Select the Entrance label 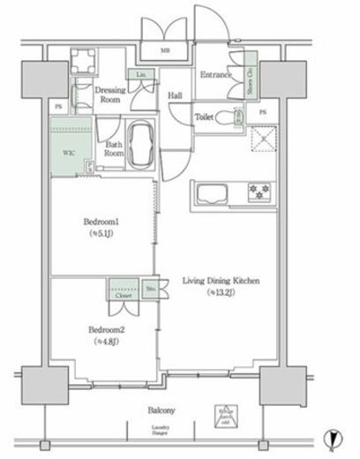coord(214,75)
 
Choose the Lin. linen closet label coord(140,75)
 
